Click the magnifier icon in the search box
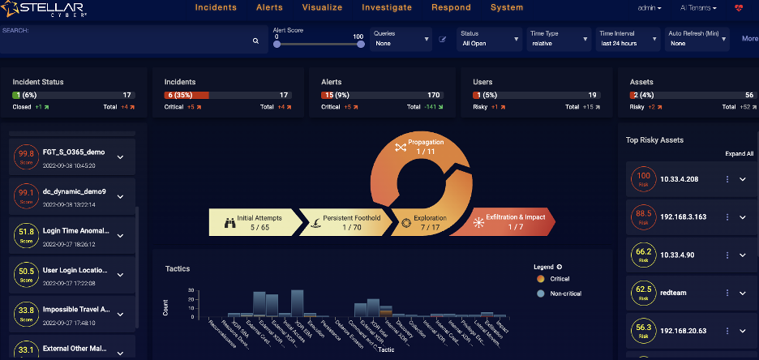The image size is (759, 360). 255,40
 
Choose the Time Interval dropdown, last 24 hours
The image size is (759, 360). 628,38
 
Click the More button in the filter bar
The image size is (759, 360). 749,38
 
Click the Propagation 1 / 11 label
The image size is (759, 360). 421,146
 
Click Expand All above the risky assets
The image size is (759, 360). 739,153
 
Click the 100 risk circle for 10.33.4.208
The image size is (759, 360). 645,178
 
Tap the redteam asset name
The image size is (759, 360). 674,291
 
